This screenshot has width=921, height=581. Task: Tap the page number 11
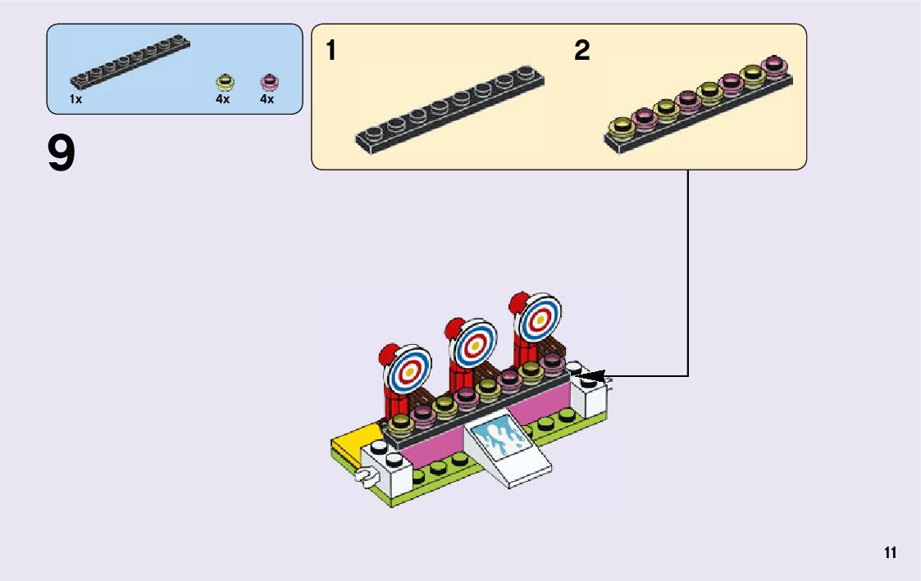pyautogui.click(x=890, y=553)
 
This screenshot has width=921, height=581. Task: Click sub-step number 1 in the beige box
pyautogui.click(x=331, y=51)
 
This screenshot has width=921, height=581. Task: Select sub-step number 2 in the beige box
pyautogui.click(x=581, y=51)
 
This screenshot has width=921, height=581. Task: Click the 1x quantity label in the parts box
pyautogui.click(x=75, y=99)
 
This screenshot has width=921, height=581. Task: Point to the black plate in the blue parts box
pyautogui.click(x=130, y=62)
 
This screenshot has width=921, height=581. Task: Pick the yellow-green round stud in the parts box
pyautogui.click(x=224, y=81)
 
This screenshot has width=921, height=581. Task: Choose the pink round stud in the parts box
pyautogui.click(x=268, y=81)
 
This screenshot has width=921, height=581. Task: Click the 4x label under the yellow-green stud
pyautogui.click(x=223, y=99)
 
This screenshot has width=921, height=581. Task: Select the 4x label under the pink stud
pyautogui.click(x=267, y=99)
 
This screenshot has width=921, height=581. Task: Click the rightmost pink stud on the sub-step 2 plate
pyautogui.click(x=773, y=66)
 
